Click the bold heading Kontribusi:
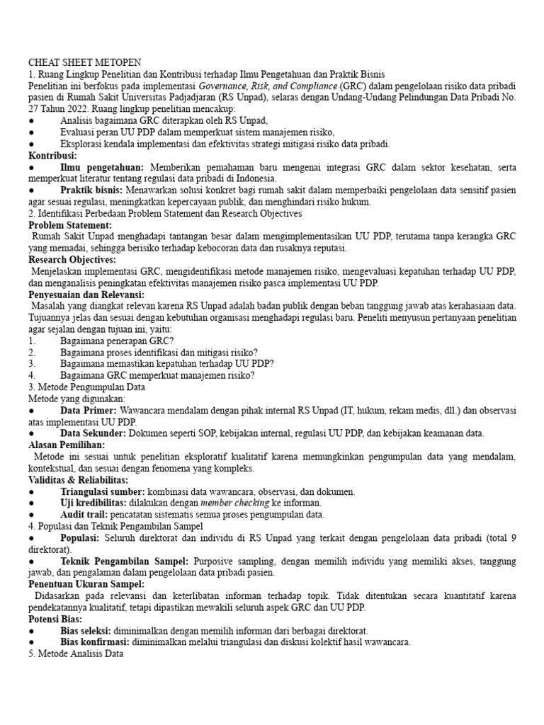pos(52,155)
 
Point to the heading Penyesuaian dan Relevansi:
pos(86,294)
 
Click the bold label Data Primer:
pos(89,410)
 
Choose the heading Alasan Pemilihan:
pos(67,445)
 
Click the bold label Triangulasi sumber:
pos(103,491)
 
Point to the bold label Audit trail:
pos(85,514)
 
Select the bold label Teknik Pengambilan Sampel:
pos(125,561)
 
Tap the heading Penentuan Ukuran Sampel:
pos(86,583)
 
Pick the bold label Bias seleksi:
pos(86,630)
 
